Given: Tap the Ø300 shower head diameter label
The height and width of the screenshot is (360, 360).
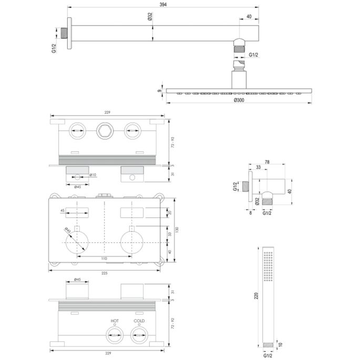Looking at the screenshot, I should point(240,100).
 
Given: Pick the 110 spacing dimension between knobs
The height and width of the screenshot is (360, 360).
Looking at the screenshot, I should point(104,259).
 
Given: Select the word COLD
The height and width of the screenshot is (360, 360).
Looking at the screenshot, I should point(139,320).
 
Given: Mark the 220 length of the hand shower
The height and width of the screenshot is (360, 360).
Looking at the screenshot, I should point(256,296).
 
